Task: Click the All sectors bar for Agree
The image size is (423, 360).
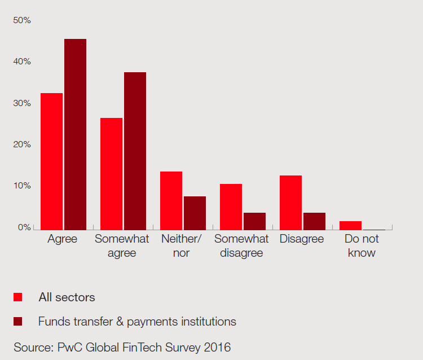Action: [51, 161]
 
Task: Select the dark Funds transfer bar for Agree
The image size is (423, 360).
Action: [75, 134]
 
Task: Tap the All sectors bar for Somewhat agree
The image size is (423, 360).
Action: [111, 174]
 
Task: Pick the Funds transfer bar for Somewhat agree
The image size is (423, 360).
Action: [135, 151]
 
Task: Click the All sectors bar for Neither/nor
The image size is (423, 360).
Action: [171, 200]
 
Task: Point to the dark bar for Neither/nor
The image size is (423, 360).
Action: [195, 213]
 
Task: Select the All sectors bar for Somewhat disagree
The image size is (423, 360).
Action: [231, 207]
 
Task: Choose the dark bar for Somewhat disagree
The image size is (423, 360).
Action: [254, 221]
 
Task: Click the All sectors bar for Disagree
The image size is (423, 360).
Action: [290, 203]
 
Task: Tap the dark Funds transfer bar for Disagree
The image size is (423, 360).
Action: [314, 221]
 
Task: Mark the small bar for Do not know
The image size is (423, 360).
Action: [350, 226]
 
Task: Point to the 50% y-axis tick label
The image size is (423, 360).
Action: [21, 20]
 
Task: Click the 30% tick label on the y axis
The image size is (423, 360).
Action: [21, 103]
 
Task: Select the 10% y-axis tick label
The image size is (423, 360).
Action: [21, 186]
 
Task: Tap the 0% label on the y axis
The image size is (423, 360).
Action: [24, 227]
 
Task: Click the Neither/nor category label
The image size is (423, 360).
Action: [181, 245]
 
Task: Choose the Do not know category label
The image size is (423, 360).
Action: [362, 245]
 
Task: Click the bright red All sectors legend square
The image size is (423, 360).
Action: [18, 297]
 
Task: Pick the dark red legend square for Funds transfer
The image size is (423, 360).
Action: [18, 322]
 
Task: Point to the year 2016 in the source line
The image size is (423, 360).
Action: [217, 347]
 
